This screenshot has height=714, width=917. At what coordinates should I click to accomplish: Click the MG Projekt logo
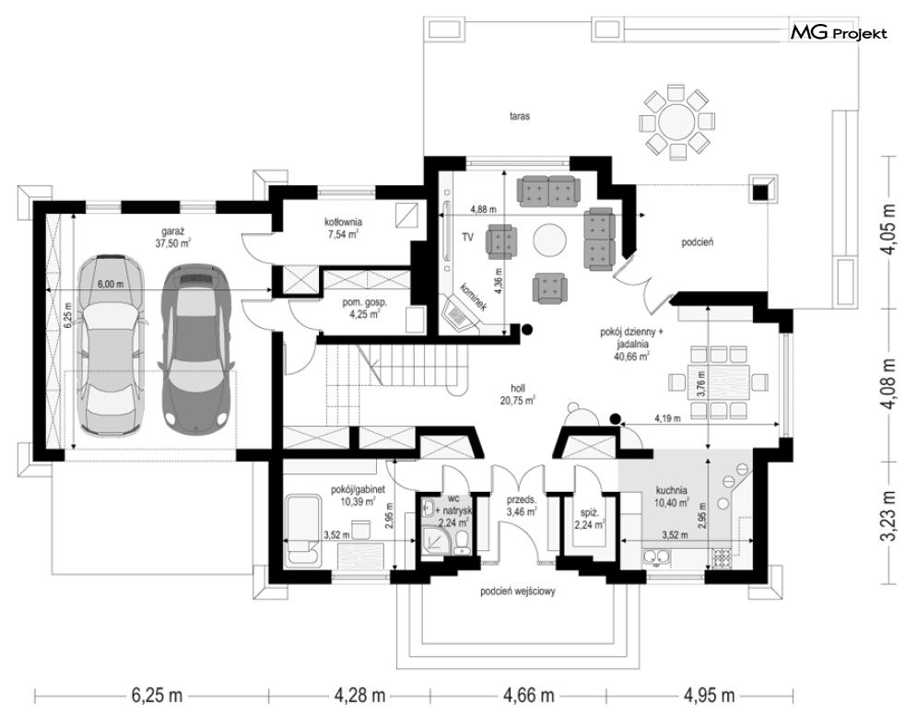(x=839, y=33)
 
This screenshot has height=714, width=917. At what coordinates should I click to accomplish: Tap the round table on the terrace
(x=677, y=123)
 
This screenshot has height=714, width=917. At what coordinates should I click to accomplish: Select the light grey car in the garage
(x=112, y=345)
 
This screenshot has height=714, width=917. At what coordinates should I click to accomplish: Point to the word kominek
(x=473, y=297)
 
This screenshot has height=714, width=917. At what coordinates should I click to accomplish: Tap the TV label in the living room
(x=467, y=238)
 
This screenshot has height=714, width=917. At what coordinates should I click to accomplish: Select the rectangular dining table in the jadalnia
(x=718, y=382)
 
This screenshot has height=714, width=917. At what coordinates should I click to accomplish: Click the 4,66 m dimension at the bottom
(x=529, y=696)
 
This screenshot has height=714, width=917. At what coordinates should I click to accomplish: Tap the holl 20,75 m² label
(x=518, y=394)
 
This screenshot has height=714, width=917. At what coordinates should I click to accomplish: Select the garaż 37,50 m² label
(x=173, y=238)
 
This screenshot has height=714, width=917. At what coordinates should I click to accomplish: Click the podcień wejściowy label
(x=518, y=591)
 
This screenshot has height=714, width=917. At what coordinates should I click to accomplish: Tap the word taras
(x=519, y=116)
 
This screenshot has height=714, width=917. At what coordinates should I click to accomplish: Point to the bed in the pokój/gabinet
(x=303, y=530)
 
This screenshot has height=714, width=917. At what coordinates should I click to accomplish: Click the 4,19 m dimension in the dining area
(x=667, y=418)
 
